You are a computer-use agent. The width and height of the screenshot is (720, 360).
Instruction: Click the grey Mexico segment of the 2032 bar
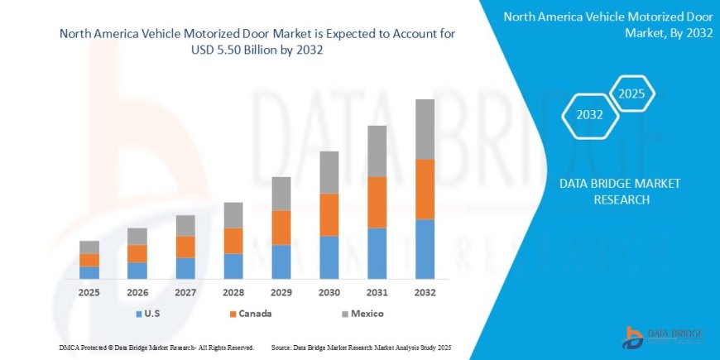(425, 129)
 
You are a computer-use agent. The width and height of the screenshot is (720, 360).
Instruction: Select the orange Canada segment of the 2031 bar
(377, 202)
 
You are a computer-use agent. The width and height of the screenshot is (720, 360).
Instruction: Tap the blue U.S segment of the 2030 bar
(329, 257)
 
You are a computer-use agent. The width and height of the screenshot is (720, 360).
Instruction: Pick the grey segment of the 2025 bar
(89, 247)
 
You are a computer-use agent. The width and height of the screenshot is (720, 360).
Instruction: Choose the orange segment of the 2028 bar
(233, 241)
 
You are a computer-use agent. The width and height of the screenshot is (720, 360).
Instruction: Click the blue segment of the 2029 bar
(281, 261)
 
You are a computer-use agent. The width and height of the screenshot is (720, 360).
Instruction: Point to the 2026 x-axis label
(137, 293)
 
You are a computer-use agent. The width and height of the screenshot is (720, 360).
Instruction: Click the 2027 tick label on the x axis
(185, 293)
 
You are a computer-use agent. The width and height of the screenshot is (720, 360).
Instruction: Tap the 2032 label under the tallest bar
(425, 293)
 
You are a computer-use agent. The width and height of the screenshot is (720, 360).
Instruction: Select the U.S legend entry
(148, 314)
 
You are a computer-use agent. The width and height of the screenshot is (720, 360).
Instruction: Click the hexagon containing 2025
(631, 93)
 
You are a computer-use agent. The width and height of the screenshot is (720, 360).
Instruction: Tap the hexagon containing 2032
(589, 115)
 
